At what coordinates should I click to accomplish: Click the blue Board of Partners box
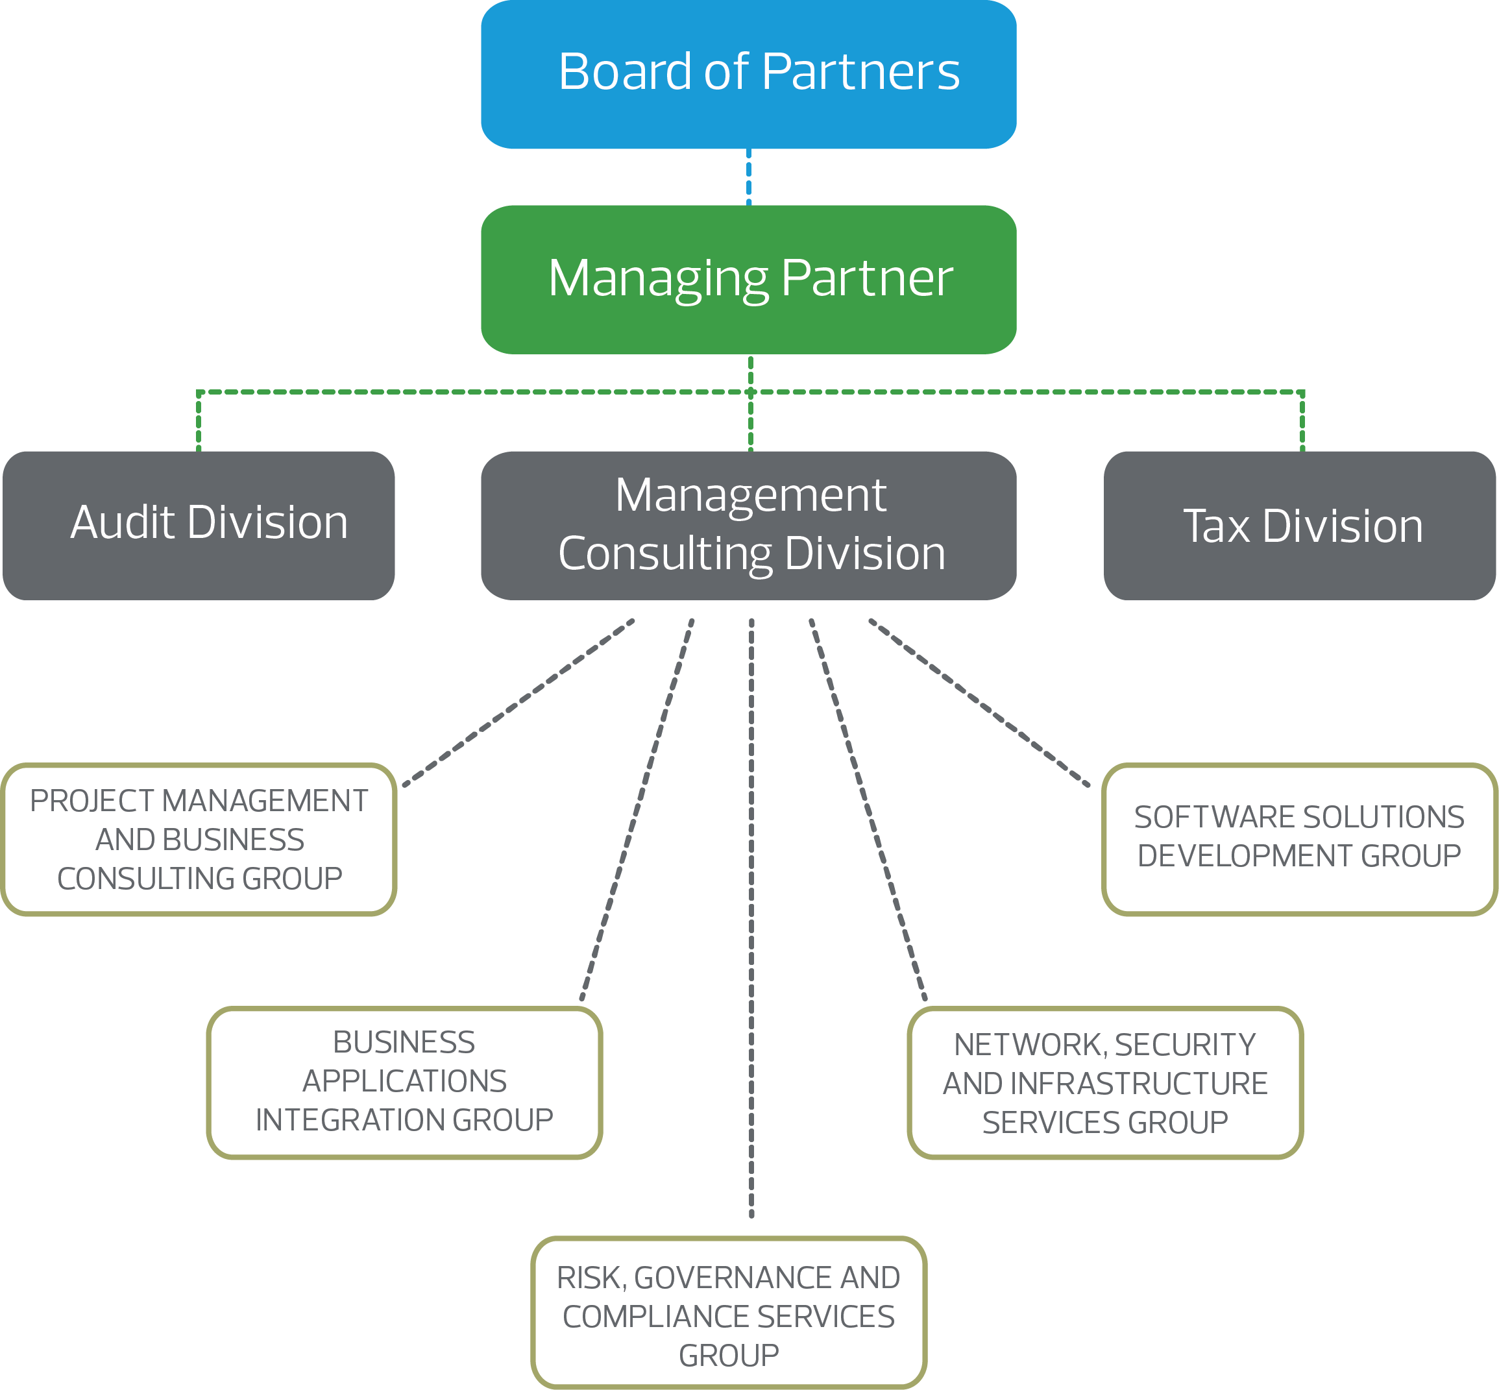[x=748, y=74]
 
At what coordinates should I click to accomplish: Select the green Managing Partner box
[x=748, y=279]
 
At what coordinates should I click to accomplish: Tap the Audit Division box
[x=199, y=525]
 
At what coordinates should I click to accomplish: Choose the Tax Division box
[x=1299, y=525]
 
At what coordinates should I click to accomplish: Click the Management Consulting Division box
[x=748, y=525]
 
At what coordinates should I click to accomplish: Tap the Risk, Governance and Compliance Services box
[x=728, y=1316]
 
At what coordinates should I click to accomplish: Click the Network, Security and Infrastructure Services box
[x=1105, y=1082]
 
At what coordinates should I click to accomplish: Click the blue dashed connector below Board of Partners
[x=748, y=177]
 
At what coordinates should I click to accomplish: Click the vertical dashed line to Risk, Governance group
[x=751, y=903]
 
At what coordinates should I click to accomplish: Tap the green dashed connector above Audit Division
[x=199, y=421]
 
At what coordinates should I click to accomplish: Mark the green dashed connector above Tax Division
[x=1302, y=421]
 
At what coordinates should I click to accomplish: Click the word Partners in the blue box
[x=860, y=72]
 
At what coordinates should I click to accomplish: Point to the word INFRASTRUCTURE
[x=1139, y=1084]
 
